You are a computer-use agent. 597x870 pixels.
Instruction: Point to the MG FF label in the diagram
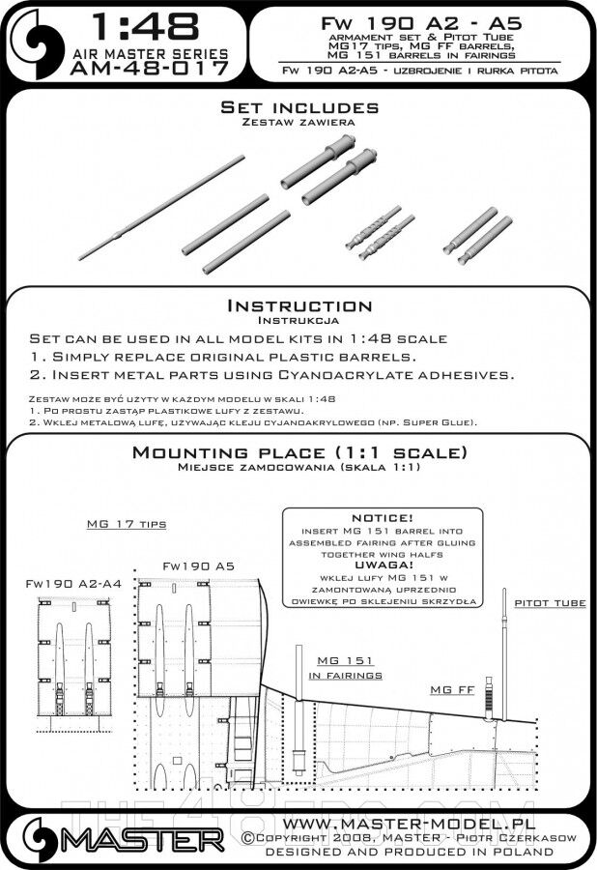[x=451, y=689]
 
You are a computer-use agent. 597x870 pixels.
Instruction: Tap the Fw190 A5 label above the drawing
[x=198, y=565]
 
